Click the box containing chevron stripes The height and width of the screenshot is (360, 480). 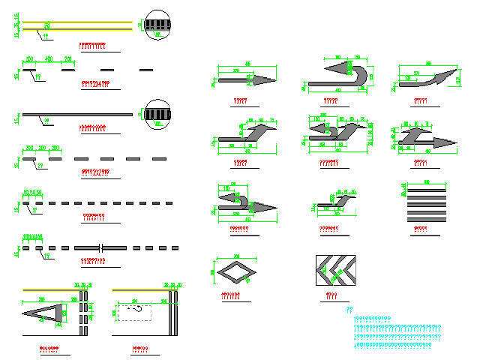(337, 271)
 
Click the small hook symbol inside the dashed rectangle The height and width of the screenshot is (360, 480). (136, 307)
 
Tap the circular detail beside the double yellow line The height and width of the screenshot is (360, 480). (157, 23)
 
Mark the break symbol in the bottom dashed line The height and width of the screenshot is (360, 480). (100, 247)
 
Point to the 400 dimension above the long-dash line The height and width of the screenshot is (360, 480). (48, 58)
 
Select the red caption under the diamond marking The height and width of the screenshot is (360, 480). (231, 295)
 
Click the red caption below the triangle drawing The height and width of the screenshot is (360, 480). (49, 349)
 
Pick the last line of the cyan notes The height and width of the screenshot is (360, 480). (397, 346)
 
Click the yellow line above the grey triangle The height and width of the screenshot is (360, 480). (52, 289)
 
